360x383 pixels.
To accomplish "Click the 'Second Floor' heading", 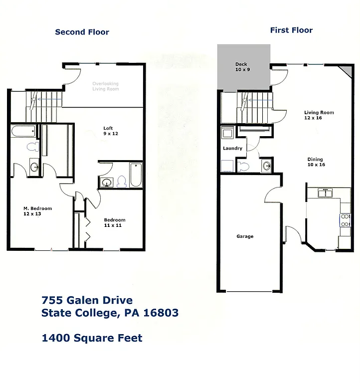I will tap(82, 32).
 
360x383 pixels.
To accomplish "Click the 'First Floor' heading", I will tap(291, 30).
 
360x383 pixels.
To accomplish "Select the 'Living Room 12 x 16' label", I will tap(319, 116).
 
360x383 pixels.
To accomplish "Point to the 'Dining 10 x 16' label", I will tap(316, 162).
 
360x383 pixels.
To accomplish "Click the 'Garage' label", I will tap(245, 236).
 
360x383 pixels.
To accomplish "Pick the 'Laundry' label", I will tap(233, 148).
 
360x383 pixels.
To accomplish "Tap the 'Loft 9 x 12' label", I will tap(110, 131).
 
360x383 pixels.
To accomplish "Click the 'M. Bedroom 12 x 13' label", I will tap(37, 211).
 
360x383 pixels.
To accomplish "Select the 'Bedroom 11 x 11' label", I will tap(115, 222).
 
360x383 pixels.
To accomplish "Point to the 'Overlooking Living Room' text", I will tap(106, 86).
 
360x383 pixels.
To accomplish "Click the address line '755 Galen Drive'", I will tap(87, 300).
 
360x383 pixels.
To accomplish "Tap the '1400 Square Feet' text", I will tap(92, 338).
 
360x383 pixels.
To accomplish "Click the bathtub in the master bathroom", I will tap(23, 132).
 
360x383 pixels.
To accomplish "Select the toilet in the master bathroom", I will tap(33, 147).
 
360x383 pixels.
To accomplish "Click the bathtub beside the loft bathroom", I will tap(135, 175).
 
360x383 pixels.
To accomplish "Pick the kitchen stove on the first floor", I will tap(345, 220).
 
